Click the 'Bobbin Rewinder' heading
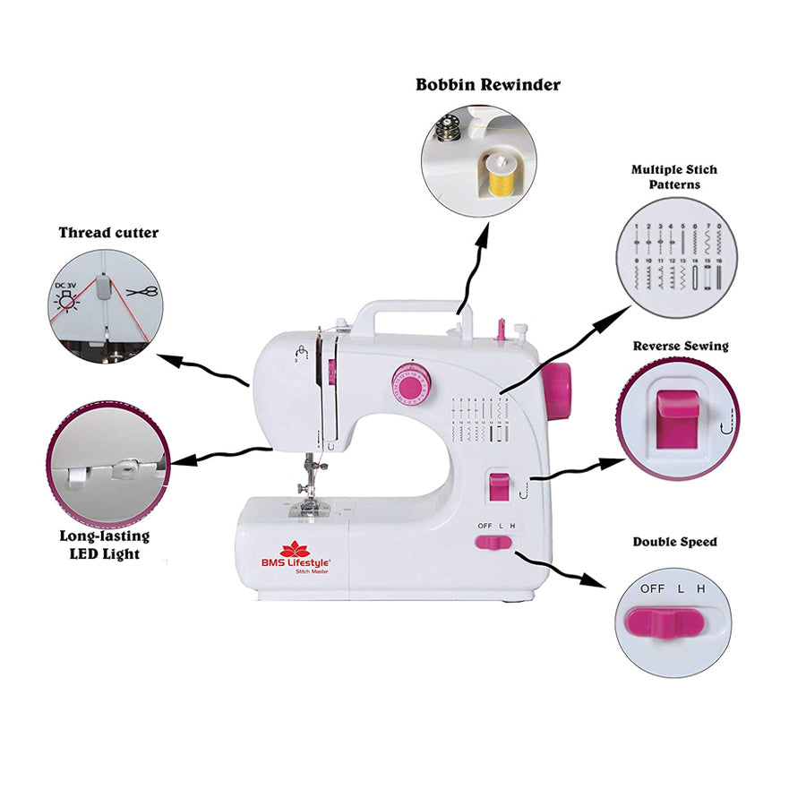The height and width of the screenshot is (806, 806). tap(488, 85)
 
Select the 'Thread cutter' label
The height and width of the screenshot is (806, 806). tap(108, 233)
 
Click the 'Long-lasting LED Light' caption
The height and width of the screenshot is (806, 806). tap(104, 544)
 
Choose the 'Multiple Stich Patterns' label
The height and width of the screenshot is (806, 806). tap(674, 176)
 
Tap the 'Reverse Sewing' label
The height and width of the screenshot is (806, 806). tap(681, 346)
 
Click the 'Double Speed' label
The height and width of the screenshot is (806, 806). tap(674, 542)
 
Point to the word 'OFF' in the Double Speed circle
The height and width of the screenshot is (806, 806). tap(652, 588)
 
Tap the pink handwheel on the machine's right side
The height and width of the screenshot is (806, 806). tap(558, 391)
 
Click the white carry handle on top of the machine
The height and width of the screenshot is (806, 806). tap(412, 315)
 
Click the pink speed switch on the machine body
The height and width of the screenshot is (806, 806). tap(493, 542)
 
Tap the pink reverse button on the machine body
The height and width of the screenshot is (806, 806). tap(498, 487)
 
